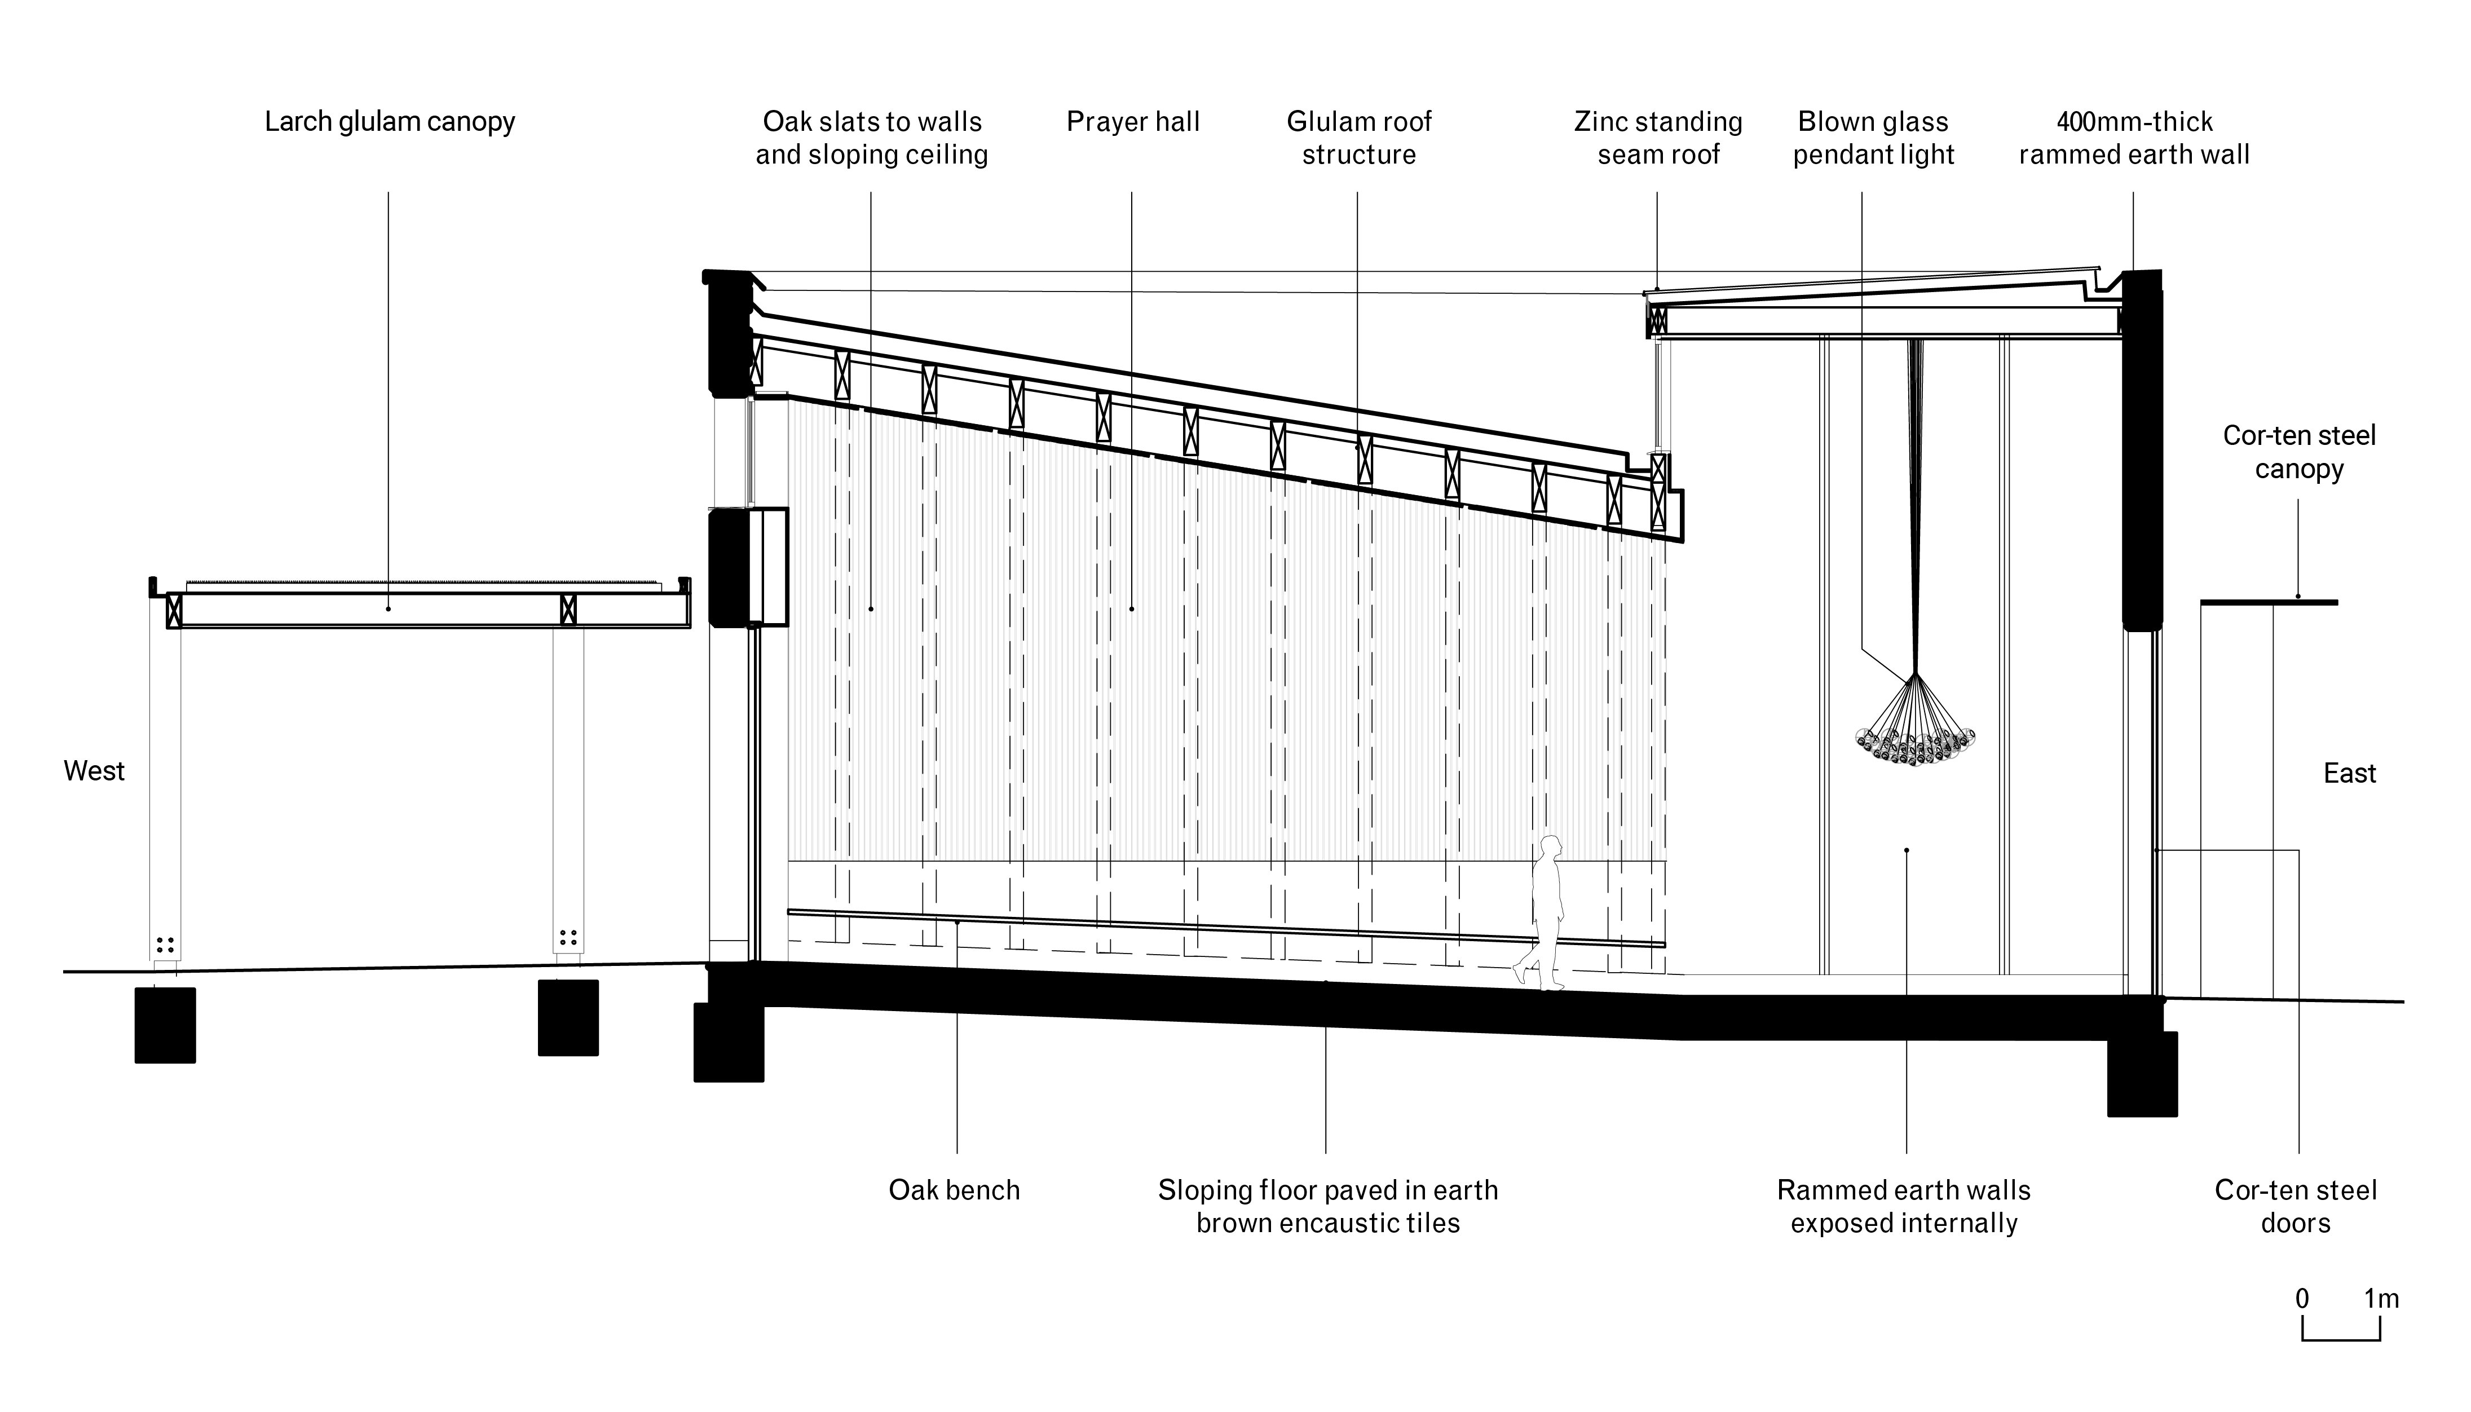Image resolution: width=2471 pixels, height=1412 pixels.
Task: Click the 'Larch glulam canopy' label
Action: (x=390, y=122)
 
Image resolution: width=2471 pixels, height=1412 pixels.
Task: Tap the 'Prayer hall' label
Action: (x=1133, y=122)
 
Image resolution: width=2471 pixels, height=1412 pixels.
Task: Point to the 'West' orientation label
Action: (x=94, y=771)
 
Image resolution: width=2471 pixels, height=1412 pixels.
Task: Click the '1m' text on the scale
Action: (x=2381, y=1299)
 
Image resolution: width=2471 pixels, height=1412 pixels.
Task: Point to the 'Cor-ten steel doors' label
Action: (x=2296, y=1206)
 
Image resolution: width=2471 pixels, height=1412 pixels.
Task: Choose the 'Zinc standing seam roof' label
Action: (x=1658, y=138)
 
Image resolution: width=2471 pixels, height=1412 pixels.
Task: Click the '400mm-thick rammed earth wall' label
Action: (x=2134, y=138)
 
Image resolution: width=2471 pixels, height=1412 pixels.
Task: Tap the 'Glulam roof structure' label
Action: (x=1358, y=138)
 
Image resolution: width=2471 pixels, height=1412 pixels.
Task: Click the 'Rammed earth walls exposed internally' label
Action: (x=1904, y=1206)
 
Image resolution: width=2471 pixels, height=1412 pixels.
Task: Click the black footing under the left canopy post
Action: (x=165, y=1025)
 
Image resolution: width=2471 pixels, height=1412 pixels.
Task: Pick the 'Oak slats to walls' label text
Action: (x=872, y=122)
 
